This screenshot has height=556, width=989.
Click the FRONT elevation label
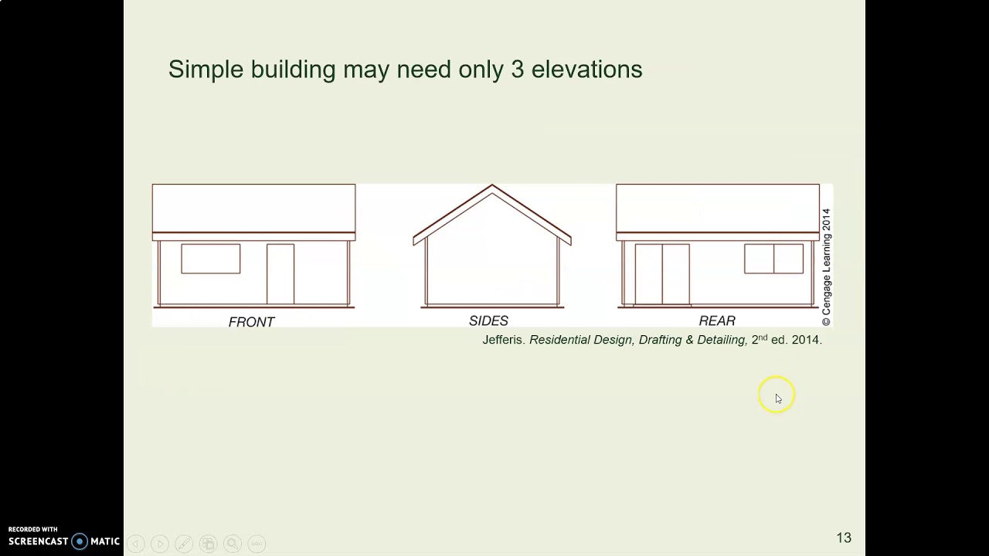coord(251,322)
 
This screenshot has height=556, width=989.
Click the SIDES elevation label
coord(488,320)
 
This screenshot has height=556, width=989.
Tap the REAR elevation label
coord(717,320)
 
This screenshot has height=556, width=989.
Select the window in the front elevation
coord(211,259)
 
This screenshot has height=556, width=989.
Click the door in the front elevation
coord(280,274)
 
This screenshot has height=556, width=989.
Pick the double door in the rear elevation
coord(662,274)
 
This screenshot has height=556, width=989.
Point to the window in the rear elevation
coord(773,259)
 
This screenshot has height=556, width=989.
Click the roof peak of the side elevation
coord(492,187)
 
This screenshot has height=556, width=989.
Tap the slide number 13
coord(843,537)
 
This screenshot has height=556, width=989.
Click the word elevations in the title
coord(586,69)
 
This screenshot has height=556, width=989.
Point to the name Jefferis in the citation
coord(504,340)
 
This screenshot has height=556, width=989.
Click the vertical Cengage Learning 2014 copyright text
coord(826,266)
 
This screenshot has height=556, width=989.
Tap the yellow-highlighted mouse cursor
coord(777,396)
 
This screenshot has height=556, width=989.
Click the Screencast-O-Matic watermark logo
coord(64,541)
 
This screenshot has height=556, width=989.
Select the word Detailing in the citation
coord(720,340)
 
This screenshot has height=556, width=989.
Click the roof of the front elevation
coord(253,208)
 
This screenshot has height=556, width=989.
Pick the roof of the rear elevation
coord(717,208)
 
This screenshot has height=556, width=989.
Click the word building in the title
coord(292,69)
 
